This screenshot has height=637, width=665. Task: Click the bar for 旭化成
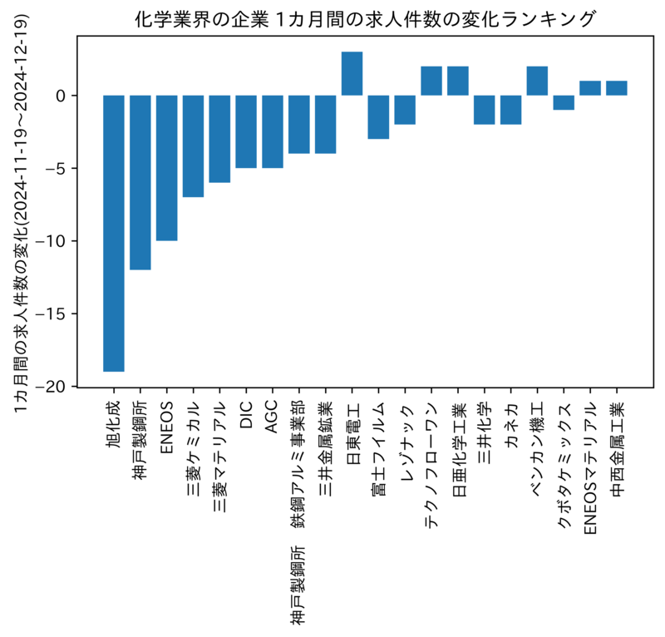pyautogui.click(x=114, y=234)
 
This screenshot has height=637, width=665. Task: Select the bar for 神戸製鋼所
pyautogui.click(x=140, y=182)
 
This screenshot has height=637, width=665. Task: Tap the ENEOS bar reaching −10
pyautogui.click(x=167, y=168)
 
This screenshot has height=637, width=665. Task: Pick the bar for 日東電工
pyautogui.click(x=352, y=73)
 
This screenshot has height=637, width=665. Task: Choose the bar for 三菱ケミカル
pyautogui.click(x=193, y=146)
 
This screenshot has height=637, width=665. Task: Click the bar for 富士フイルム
pyautogui.click(x=378, y=117)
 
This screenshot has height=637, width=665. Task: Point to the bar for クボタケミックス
pyautogui.click(x=564, y=102)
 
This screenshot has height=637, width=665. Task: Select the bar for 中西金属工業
pyautogui.click(x=617, y=88)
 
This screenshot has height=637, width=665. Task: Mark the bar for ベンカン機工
pyautogui.click(x=537, y=81)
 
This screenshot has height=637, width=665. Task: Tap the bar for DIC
pyautogui.click(x=246, y=131)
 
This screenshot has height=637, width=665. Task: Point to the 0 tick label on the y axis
pyautogui.click(x=61, y=96)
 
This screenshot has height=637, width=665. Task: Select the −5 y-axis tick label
pyautogui.click(x=56, y=169)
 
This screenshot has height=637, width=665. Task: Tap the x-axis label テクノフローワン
pyautogui.click(x=431, y=465)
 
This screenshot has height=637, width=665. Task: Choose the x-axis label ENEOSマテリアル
pyautogui.click(x=590, y=467)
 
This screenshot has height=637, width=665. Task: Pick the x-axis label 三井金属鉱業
pyautogui.click(x=325, y=448)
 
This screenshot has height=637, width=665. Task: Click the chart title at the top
pyautogui.click(x=365, y=19)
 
